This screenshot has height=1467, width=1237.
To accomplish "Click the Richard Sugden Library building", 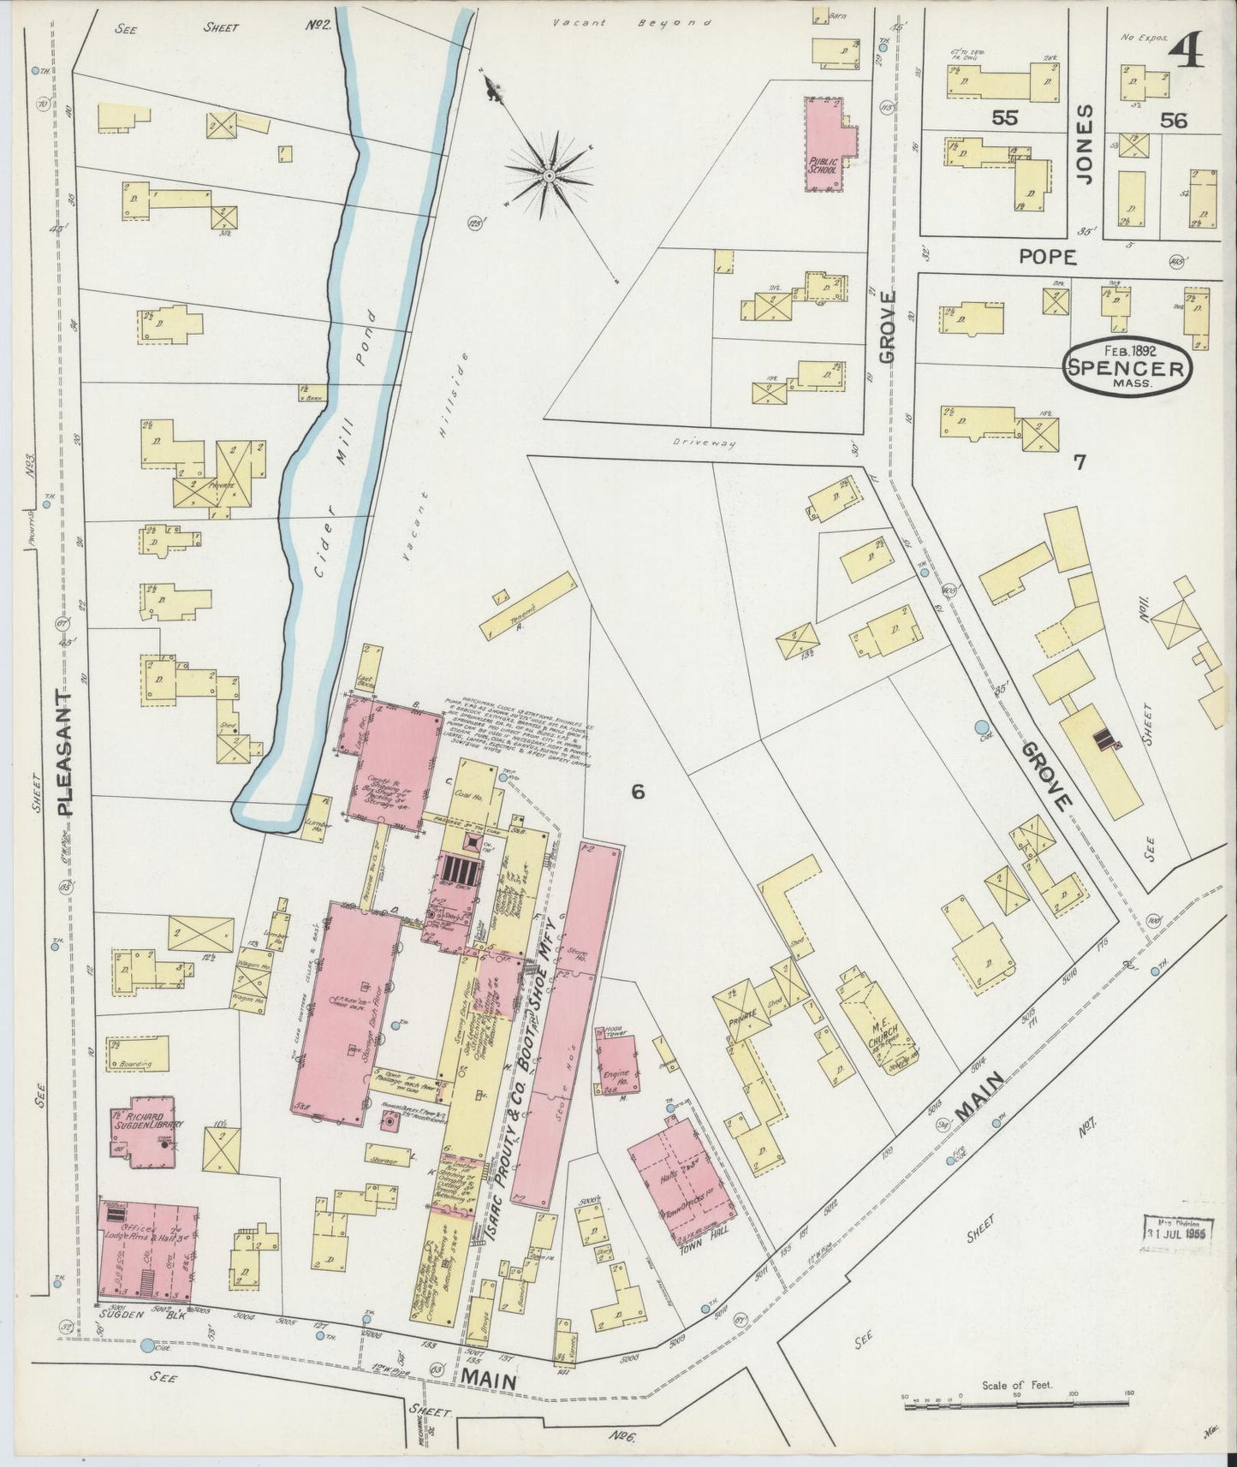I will tap(140, 1131).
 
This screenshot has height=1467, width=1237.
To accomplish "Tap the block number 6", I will tap(638, 792).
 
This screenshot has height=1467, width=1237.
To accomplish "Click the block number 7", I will tap(1079, 463).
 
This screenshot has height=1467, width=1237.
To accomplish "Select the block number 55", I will tap(1005, 119).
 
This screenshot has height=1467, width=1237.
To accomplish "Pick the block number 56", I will tap(1174, 121).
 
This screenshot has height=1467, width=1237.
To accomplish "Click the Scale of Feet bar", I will tap(1017, 1396).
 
